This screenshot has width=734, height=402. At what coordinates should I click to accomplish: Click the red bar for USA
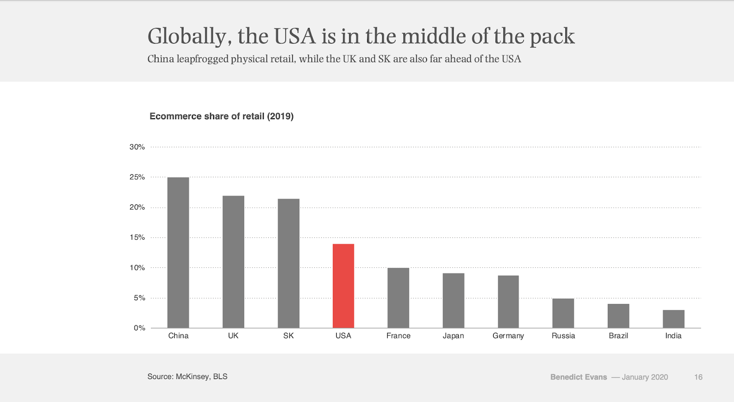click(343, 286)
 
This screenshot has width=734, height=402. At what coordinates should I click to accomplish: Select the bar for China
click(178, 253)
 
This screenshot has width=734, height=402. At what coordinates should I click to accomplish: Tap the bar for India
click(673, 319)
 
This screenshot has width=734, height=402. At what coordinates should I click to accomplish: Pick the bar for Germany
click(508, 302)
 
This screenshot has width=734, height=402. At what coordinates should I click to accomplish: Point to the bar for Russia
click(563, 313)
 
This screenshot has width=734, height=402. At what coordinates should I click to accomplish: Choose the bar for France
click(398, 298)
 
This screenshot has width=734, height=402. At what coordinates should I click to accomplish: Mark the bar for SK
click(289, 263)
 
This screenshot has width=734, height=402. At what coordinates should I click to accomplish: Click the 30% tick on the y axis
click(137, 147)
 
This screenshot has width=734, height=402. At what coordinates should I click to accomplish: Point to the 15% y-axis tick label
click(137, 237)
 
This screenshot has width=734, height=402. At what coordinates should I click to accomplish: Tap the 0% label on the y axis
click(139, 328)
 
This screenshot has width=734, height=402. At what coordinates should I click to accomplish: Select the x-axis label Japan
click(453, 336)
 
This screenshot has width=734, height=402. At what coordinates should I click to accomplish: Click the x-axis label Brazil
click(618, 336)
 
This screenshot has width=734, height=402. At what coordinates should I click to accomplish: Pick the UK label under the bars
click(233, 336)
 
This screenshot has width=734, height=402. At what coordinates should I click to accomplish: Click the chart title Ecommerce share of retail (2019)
click(222, 116)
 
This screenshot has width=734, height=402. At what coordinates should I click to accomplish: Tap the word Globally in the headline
click(187, 37)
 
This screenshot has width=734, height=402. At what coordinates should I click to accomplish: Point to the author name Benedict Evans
click(578, 377)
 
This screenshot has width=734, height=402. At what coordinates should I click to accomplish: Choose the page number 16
click(698, 377)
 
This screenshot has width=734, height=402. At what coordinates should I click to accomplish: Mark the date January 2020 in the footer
click(645, 377)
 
